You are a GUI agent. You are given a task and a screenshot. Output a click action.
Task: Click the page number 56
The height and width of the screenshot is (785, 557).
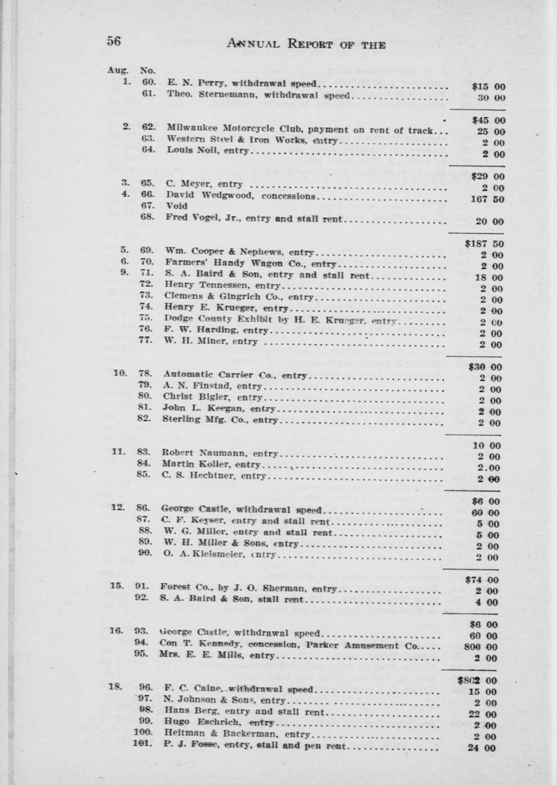click(114, 41)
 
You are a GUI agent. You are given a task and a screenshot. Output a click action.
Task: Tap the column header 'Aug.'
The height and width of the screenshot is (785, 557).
click(118, 71)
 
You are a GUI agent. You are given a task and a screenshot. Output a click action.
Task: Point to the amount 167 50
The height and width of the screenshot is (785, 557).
click(484, 200)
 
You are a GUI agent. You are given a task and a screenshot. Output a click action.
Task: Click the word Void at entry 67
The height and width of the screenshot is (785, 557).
click(176, 206)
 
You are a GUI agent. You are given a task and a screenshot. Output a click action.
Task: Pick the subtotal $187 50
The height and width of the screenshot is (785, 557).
click(484, 244)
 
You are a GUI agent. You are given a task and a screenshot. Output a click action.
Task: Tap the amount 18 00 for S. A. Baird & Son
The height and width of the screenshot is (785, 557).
click(489, 278)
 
